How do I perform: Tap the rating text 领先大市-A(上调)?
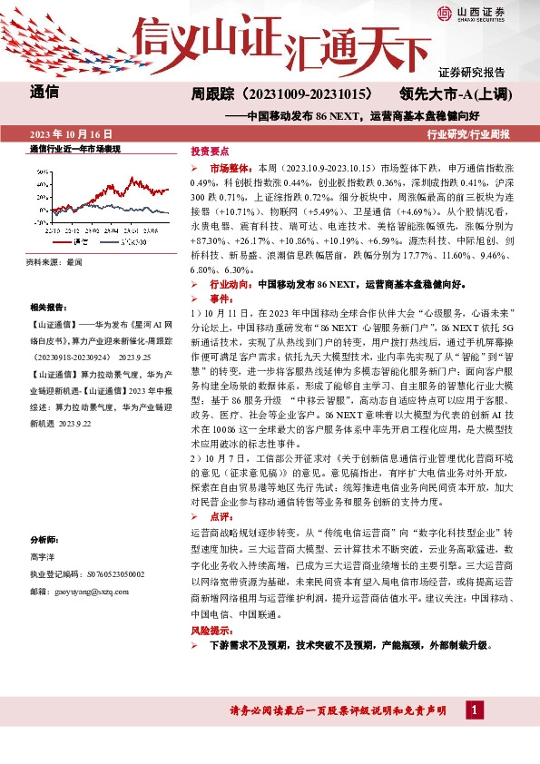coord(457,93)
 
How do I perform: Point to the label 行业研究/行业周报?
coord(468,133)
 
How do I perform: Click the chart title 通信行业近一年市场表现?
coord(74,148)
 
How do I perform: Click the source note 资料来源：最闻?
coord(54,262)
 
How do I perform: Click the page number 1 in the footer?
coord(474,709)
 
